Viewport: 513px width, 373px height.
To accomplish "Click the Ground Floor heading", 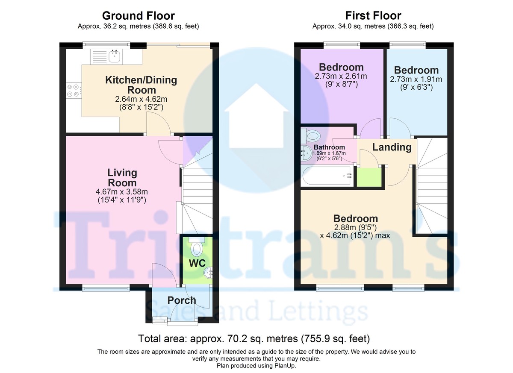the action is point(139,16).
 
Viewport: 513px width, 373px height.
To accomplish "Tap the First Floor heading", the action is point(373,16).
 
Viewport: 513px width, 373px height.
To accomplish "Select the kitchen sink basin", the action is point(114,56).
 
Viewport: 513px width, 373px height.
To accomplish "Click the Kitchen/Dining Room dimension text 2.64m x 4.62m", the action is point(141,99).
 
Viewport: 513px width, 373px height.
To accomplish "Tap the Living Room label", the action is point(122,178).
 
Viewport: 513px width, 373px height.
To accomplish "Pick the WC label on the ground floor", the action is point(197,263).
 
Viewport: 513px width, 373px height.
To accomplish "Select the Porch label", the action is point(182,300).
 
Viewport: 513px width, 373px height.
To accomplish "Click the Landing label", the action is point(392,147).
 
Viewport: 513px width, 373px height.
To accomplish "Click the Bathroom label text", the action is point(329,147).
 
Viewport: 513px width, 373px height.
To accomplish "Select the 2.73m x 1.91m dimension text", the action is point(416,79).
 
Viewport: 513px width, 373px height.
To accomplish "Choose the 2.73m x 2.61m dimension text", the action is point(341,76).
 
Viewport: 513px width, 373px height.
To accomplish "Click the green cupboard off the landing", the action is point(369,177).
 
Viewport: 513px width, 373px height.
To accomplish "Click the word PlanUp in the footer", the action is point(285,365).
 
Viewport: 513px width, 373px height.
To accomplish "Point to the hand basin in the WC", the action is point(209,273).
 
